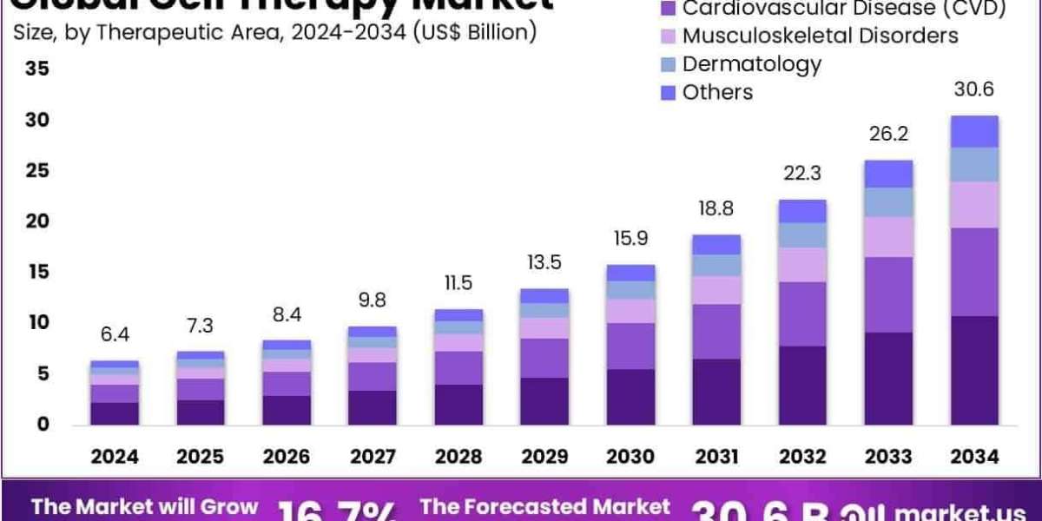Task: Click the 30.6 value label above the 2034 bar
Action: pyautogui.click(x=973, y=90)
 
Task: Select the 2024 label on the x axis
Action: pyautogui.click(x=115, y=456)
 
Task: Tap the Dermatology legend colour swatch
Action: pyautogui.click(x=668, y=64)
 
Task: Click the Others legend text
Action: pyautogui.click(x=717, y=92)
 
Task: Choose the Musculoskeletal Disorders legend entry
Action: pyautogui.click(x=820, y=36)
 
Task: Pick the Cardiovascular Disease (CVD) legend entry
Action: pyautogui.click(x=843, y=9)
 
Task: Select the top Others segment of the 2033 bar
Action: pyautogui.click(x=888, y=174)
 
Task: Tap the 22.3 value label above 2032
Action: pyautogui.click(x=802, y=174)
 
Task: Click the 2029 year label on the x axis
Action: pyautogui.click(x=544, y=456)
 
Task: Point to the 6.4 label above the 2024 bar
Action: pyautogui.click(x=115, y=335)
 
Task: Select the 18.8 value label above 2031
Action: pyautogui.click(x=716, y=208)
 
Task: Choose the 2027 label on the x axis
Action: pyautogui.click(x=373, y=456)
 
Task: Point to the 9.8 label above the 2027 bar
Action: pyautogui.click(x=373, y=301)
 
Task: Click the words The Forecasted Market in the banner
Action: pyautogui.click(x=544, y=506)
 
